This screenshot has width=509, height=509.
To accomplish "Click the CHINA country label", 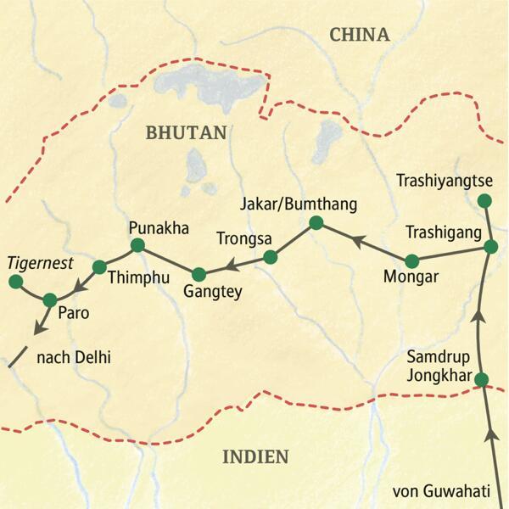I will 359,35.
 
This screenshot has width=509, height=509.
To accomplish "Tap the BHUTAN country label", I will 187,132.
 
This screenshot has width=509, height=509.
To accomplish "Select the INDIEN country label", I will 255,457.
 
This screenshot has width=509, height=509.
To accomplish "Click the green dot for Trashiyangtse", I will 484,201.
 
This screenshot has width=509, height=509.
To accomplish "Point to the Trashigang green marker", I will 490,247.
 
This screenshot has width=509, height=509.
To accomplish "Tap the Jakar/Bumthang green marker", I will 316,223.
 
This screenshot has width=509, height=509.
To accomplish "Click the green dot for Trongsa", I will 270,256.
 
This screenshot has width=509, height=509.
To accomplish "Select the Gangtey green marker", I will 199,274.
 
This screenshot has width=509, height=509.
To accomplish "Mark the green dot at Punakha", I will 137,247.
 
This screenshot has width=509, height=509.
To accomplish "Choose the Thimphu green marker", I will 98,266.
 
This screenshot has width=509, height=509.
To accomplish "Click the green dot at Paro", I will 49,299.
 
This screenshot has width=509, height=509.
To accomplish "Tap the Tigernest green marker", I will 13,281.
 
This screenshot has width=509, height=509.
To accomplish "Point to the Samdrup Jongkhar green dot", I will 482,379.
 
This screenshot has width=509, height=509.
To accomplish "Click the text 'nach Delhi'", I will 75,359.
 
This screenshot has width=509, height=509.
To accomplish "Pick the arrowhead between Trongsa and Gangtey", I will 231,266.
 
